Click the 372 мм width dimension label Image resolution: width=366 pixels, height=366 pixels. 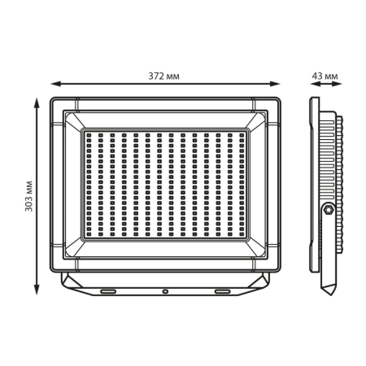pyautogui.click(x=163, y=76)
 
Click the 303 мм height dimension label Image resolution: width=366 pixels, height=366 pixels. pyautogui.click(x=28, y=196)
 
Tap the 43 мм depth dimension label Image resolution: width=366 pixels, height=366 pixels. pyautogui.click(x=325, y=76)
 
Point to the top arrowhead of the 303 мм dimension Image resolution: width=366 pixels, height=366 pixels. pyautogui.click(x=37, y=102)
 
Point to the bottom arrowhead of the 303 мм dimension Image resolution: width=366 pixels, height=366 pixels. pyautogui.click(x=37, y=290)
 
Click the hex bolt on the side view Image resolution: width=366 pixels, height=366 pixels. pyautogui.click(x=328, y=210)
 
